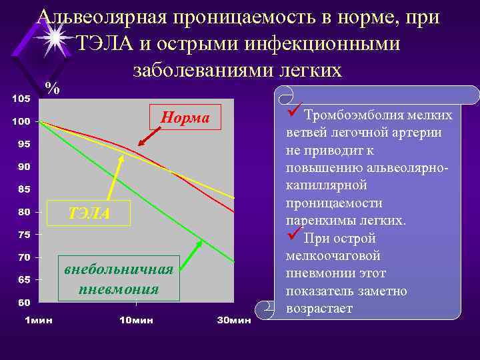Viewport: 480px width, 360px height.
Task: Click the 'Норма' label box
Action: (184, 118)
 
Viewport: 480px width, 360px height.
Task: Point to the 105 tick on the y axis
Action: (21, 99)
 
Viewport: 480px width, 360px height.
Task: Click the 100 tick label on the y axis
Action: (21, 122)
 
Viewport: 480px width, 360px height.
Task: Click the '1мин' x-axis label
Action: (38, 320)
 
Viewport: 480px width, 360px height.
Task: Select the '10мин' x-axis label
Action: (136, 320)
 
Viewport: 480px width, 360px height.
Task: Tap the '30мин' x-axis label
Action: (234, 320)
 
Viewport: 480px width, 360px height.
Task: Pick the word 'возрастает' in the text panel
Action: (319, 309)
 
